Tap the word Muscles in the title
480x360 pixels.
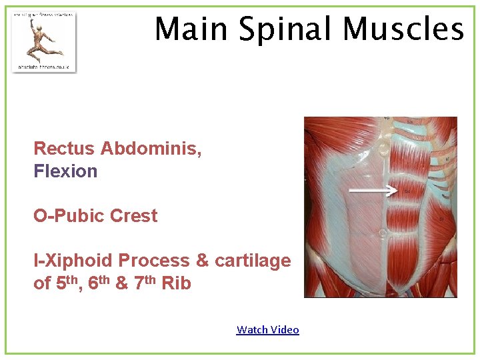tap(403, 29)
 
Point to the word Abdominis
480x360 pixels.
tap(151, 148)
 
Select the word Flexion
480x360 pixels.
tap(65, 171)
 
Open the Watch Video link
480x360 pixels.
tap(267, 329)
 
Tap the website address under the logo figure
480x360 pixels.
tap(44, 67)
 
